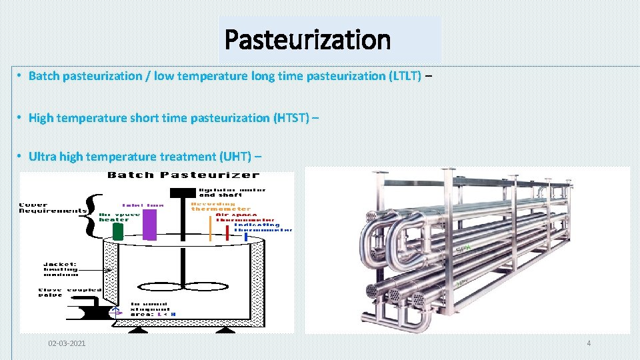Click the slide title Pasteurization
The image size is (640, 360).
pyautogui.click(x=307, y=40)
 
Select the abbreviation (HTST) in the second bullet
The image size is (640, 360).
pyautogui.click(x=291, y=118)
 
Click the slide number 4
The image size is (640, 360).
pyautogui.click(x=589, y=343)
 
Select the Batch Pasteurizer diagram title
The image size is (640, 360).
pyautogui.click(x=183, y=175)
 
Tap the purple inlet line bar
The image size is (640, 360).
pyautogui.click(x=150, y=224)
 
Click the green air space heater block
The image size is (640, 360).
pyautogui.click(x=118, y=231)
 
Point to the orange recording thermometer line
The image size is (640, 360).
pyautogui.click(x=211, y=227)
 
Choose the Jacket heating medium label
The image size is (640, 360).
pyautogui.click(x=62, y=269)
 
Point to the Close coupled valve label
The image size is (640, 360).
pyautogui.click(x=61, y=293)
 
